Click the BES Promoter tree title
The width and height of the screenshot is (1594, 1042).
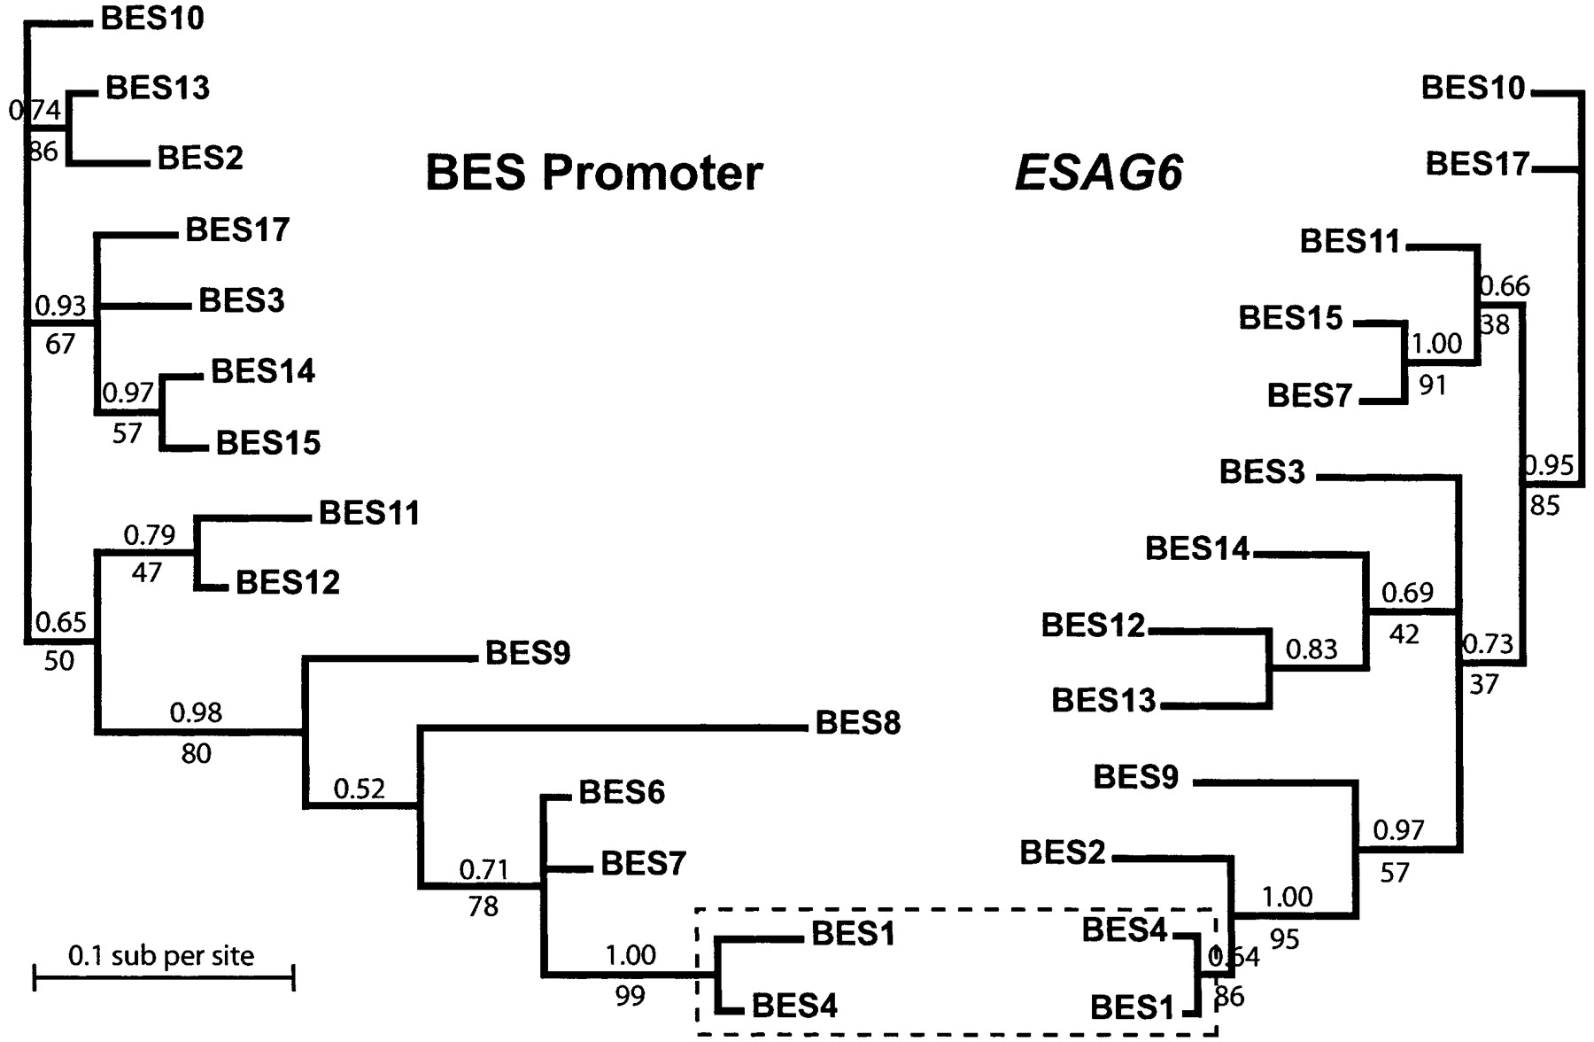click(x=593, y=172)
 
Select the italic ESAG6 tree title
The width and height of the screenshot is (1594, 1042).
click(x=1098, y=172)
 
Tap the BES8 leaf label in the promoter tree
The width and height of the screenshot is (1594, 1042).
click(x=857, y=723)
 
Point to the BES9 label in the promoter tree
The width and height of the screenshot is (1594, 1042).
click(x=528, y=653)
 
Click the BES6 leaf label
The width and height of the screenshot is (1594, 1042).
click(x=621, y=792)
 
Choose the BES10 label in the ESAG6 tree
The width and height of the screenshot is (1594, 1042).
click(x=1473, y=88)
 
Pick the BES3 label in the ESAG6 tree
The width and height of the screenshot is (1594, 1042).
click(x=1262, y=471)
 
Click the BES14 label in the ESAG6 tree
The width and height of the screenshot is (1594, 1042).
click(x=1196, y=548)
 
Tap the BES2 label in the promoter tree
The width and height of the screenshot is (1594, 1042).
click(x=199, y=158)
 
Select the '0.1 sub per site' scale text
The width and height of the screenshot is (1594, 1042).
click(x=161, y=955)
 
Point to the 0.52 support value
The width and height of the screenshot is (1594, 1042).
click(x=359, y=788)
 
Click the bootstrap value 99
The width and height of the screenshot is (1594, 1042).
click(x=630, y=997)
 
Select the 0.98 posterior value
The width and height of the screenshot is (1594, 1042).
click(x=196, y=712)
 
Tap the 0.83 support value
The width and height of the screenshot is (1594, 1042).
click(x=1311, y=649)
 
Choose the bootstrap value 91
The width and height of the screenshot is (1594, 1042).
click(x=1432, y=385)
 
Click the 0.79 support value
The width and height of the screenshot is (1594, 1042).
click(x=149, y=534)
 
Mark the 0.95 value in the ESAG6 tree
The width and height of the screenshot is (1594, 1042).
click(x=1547, y=464)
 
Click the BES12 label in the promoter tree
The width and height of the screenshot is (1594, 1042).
click(x=288, y=582)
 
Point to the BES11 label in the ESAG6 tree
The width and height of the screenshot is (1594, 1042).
click(x=1350, y=241)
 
